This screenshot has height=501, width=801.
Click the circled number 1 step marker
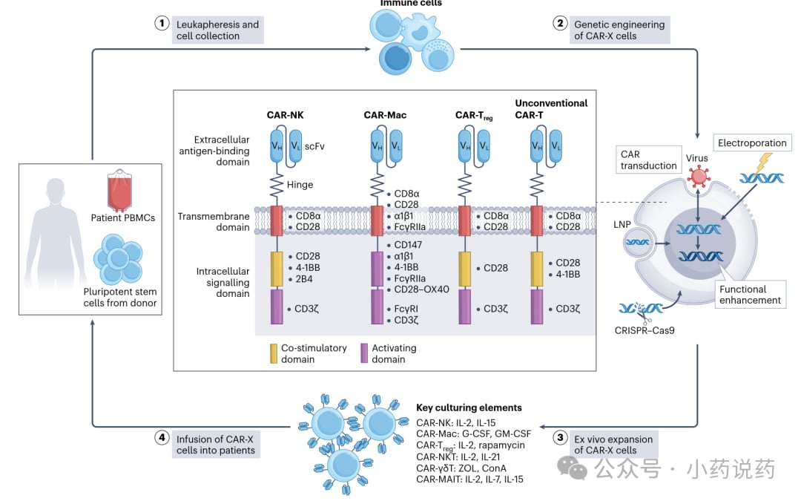[x=162, y=23]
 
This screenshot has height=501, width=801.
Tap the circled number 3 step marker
[x=560, y=437]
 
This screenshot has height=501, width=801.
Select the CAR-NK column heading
[x=285, y=115]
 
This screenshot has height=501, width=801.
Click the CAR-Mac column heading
[x=385, y=115]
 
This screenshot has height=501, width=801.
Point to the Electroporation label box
[x=752, y=143]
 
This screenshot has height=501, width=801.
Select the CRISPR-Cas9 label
[x=645, y=330]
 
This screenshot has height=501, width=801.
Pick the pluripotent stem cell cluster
[x=118, y=259]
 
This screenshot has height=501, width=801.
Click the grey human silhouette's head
[x=56, y=192]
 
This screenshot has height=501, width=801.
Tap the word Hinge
[x=300, y=185]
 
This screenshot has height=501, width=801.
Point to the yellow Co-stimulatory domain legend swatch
[x=274, y=353]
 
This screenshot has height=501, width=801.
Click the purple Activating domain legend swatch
[x=364, y=353]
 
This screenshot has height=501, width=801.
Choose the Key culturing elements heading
[x=469, y=407]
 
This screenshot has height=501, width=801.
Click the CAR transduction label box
[x=649, y=160]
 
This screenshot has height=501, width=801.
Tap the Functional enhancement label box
[x=750, y=295]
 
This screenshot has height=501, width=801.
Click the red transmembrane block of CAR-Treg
[x=464, y=221]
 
